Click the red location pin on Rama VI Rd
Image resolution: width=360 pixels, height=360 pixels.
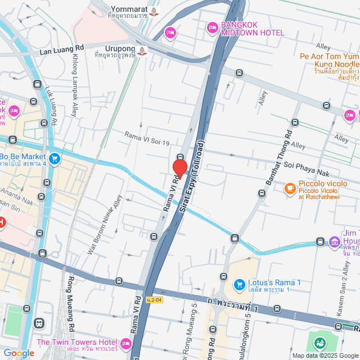pyautogui.click(x=179, y=168)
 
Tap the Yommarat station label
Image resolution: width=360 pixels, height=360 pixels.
pyautogui.click(x=129, y=9)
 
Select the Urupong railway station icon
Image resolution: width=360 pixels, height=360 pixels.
pyautogui.click(x=142, y=50)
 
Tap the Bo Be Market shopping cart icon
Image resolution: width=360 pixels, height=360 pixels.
pyautogui.click(x=54, y=159)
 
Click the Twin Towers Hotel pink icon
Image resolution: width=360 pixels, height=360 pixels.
pyautogui.click(x=125, y=343)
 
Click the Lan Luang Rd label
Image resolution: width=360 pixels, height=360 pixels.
pyautogui.click(x=61, y=50)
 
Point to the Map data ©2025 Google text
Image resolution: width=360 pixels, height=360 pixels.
pyautogui.click(x=325, y=355)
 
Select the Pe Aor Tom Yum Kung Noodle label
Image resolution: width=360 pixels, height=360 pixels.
pyautogui.click(x=328, y=60)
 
